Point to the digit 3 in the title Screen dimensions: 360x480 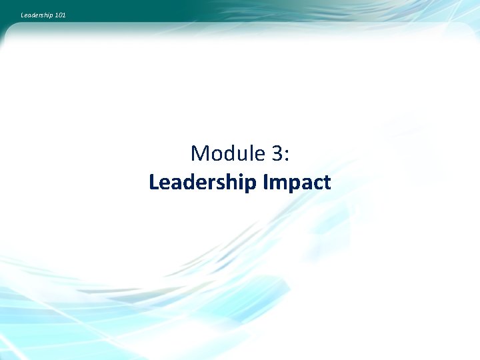tap(277, 154)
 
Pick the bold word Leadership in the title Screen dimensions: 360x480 tap(203, 183)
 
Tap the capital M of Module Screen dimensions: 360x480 tap(199, 154)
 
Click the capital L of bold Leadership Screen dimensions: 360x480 tap(154, 182)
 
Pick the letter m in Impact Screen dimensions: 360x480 tap(279, 184)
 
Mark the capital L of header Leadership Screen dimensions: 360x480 tap(23, 14)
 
